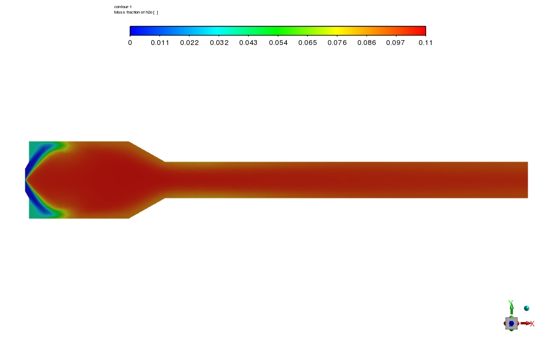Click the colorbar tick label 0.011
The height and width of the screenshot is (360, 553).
160,43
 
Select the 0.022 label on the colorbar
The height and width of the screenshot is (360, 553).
189,43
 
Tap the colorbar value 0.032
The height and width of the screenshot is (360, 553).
219,43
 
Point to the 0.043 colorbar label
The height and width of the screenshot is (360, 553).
248,43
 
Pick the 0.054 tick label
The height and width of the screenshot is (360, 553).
278,43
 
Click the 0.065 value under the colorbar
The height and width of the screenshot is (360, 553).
307,43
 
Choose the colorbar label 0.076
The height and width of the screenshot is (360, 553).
337,43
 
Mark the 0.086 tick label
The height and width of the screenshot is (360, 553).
366,43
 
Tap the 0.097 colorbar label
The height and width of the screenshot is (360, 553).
395,43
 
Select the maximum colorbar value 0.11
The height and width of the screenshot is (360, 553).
426,43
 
